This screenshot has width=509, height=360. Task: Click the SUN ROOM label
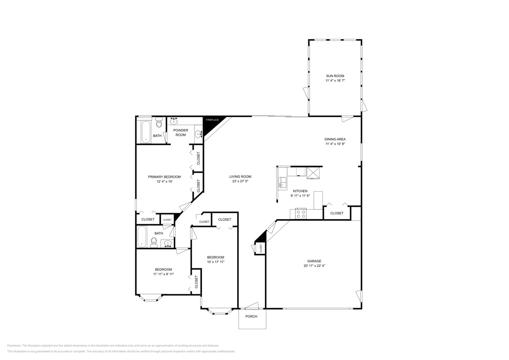point(335,76)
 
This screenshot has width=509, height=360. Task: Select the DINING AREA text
point(335,139)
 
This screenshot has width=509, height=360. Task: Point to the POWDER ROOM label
point(180,132)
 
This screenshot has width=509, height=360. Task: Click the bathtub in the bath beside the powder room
point(146,132)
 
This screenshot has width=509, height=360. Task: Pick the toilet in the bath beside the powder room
point(159,123)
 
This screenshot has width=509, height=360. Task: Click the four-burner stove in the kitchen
point(301,214)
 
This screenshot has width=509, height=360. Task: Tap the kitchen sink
point(283,182)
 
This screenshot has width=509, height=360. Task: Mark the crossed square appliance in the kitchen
point(313,172)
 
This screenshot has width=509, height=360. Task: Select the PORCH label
point(251,316)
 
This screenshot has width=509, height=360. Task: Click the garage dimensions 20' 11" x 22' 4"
point(314,266)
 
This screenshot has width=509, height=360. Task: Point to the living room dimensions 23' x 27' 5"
point(240,181)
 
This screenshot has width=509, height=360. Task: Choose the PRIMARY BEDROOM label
point(164,177)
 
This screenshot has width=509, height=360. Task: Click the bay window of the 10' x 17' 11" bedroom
point(220,311)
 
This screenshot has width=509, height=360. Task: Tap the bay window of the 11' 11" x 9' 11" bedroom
point(151,298)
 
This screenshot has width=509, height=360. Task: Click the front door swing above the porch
point(252,306)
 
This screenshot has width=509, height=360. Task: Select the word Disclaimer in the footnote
point(14,346)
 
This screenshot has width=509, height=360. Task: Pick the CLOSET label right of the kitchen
point(337,213)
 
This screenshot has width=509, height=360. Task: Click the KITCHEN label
point(300,191)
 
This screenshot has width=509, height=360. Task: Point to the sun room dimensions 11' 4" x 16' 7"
point(335,81)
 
